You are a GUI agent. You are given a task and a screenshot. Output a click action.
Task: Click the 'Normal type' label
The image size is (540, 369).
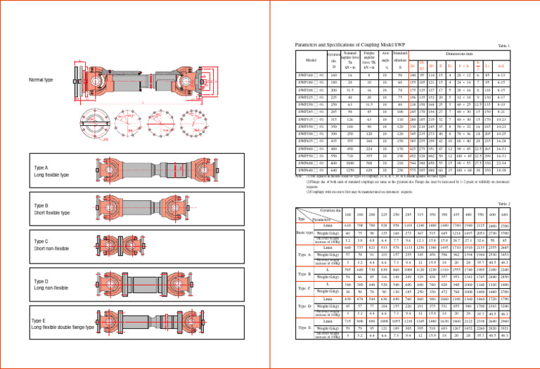(40, 80)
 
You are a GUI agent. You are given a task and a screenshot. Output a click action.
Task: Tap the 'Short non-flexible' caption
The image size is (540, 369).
(51, 250)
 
